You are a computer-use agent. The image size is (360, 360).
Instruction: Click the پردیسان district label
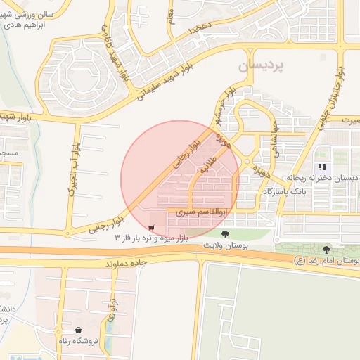click(261, 66)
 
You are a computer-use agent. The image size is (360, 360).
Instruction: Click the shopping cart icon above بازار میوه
click(152, 227)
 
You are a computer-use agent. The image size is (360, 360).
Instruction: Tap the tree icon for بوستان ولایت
click(225, 234)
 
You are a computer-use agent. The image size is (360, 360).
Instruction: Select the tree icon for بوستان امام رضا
click(326, 250)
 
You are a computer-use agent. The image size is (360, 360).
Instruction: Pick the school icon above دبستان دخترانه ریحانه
click(322, 167)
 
